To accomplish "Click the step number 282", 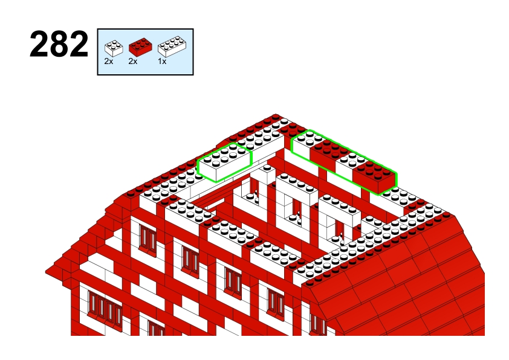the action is click(59, 44).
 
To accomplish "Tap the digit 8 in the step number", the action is click(59, 44).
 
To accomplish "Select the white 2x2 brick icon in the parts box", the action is click(114, 48).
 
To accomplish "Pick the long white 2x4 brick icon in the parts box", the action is click(172, 47).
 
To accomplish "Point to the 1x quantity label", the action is click(162, 61).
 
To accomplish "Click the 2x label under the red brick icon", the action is click(133, 61).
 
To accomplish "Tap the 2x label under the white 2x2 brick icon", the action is click(109, 61).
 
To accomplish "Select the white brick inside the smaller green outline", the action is click(225, 162).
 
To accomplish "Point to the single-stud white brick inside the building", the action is click(267, 173).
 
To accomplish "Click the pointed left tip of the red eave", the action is click(45, 272).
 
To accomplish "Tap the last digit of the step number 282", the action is click(78, 44).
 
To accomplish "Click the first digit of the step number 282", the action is click(39, 44).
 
